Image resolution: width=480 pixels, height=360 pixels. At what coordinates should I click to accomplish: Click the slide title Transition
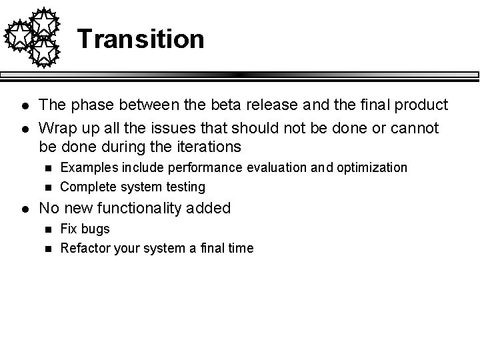coord(141,39)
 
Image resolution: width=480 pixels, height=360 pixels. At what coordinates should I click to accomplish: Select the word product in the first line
coord(419,105)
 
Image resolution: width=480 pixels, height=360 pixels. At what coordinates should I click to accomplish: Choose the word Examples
coord(85,167)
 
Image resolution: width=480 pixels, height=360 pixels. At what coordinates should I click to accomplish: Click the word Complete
coord(86,187)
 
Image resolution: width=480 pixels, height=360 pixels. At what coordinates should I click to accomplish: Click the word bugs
coord(95,229)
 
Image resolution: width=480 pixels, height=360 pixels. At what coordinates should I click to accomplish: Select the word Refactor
coord(82,249)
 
